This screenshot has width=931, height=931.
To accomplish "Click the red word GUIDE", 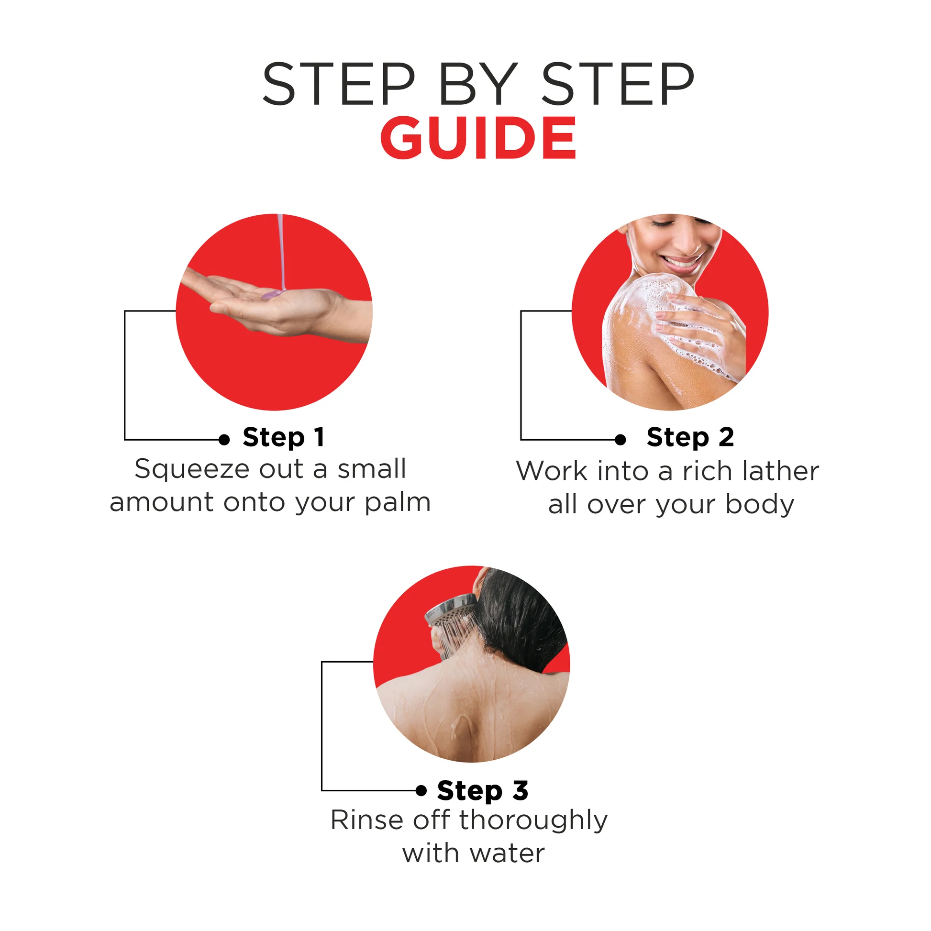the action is coord(478,137).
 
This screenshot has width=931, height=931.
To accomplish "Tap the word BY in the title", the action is coord(478,84).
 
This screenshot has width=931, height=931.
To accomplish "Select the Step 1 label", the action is coord(283,438).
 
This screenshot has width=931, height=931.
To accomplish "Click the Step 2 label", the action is coord(690,438).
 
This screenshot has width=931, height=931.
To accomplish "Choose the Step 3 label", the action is coord(482,791).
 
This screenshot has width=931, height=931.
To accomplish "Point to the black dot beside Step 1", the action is coord(224,440).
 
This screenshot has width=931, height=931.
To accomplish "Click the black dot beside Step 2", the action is coord(621,440).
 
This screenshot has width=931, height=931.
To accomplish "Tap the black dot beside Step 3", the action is coord(421,790).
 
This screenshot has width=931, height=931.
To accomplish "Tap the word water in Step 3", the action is coord(507,854).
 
